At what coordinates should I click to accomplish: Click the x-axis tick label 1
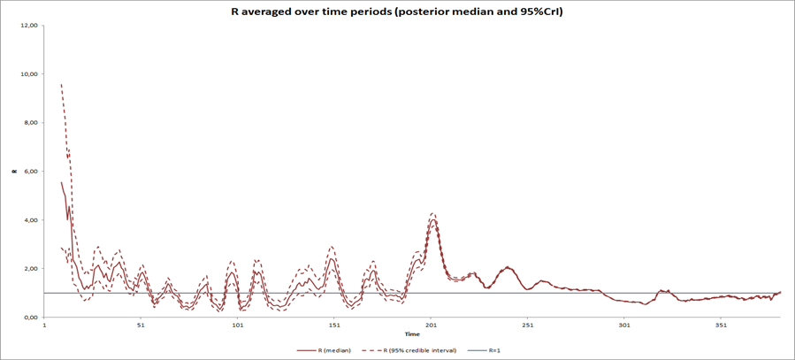click(44, 326)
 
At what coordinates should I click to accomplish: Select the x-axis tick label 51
click(141, 326)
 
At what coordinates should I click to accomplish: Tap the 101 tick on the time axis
click(237, 326)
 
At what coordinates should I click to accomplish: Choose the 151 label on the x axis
click(334, 326)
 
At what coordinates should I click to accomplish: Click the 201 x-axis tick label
click(431, 326)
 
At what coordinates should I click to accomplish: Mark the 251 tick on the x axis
click(528, 326)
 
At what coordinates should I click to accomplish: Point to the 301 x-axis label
click(624, 326)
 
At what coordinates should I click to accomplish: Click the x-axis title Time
click(412, 334)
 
